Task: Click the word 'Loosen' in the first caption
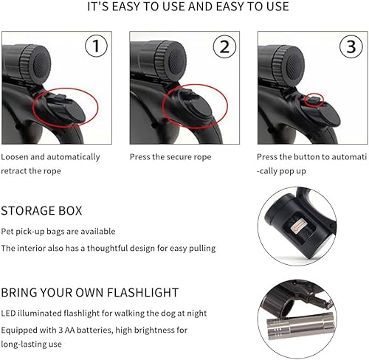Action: [16, 157]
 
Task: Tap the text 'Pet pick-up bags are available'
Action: [58, 232]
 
